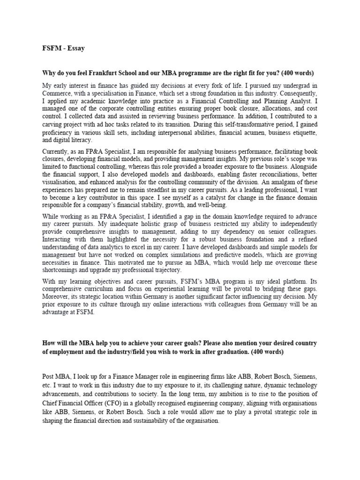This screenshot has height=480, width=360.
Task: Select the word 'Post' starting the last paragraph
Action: [49, 377]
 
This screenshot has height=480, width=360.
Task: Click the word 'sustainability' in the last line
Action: [138, 420]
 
